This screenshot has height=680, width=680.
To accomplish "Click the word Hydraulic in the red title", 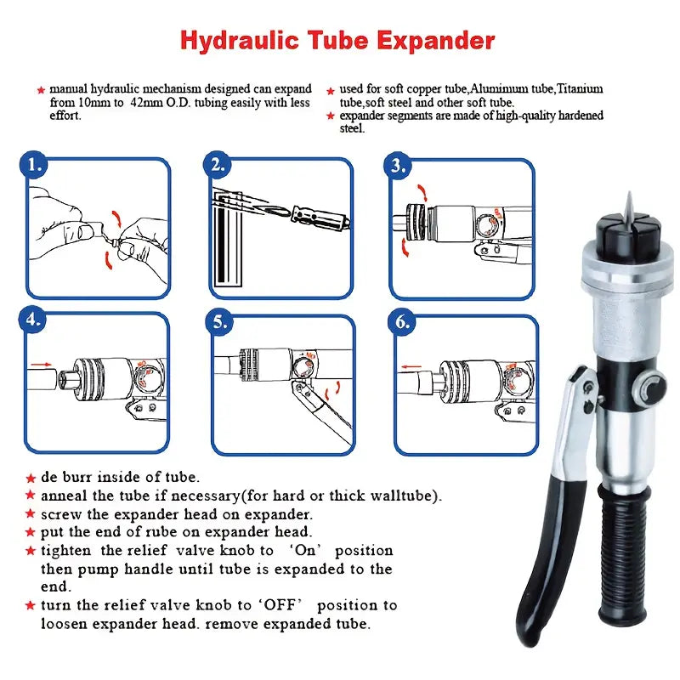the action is point(240,41).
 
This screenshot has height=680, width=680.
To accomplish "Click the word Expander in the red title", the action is point(436,40).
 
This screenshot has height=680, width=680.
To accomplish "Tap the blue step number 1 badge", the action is point(34,165).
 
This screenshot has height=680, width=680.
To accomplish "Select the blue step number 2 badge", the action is point(218,165).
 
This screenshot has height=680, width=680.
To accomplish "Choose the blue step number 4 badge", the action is point(32,320).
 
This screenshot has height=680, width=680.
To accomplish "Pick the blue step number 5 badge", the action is point(219,322).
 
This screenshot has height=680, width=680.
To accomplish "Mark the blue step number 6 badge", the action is point(402,322).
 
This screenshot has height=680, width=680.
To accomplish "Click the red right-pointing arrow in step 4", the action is point(42,365).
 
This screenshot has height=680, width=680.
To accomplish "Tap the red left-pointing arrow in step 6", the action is point(411,367).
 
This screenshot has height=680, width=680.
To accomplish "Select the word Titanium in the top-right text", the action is point(580,89).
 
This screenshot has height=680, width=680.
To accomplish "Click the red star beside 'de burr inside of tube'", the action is point(31,478).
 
